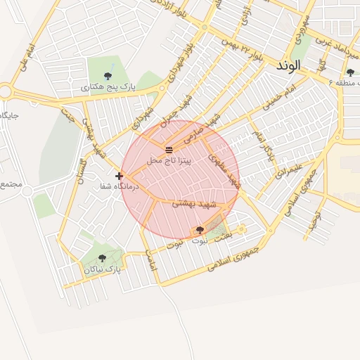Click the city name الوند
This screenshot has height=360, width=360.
(288, 65)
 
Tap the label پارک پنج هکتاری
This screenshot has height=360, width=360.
(108, 87)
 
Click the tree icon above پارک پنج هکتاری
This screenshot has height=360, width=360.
(108, 76)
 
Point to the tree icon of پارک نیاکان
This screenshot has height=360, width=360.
(103, 258)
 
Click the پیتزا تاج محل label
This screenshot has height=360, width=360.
(169, 161)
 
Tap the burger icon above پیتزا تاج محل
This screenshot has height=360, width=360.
(169, 150)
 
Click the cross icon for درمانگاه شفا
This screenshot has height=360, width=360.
(119, 176)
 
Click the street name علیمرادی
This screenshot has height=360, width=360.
(289, 169)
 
